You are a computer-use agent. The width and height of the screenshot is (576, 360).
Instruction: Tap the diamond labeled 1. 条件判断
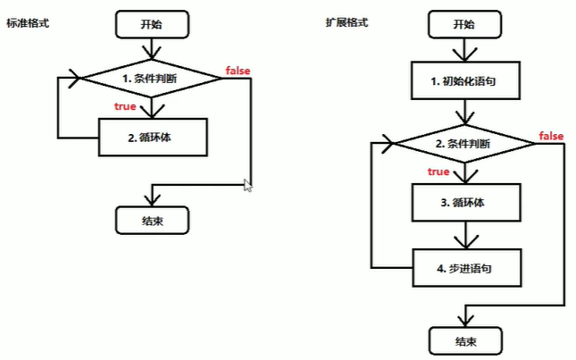coord(152,79)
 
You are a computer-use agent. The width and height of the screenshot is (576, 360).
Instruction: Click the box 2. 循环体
coord(152,138)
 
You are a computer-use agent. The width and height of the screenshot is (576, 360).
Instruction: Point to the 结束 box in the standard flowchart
coord(152,219)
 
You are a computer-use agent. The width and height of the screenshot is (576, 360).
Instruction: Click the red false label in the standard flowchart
coord(238,71)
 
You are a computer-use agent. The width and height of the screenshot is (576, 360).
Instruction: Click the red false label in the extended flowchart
coord(551,136)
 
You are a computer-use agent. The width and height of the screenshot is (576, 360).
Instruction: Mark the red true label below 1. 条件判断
coord(125,107)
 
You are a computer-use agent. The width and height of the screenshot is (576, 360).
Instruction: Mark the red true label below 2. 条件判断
coord(438,171)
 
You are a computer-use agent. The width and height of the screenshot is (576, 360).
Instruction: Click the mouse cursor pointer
coord(248,185)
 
